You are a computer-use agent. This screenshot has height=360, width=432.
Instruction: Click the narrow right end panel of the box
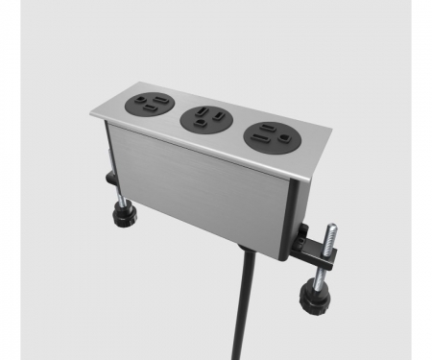point(296,216)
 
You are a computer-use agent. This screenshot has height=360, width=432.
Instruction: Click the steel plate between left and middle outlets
point(176,114)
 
